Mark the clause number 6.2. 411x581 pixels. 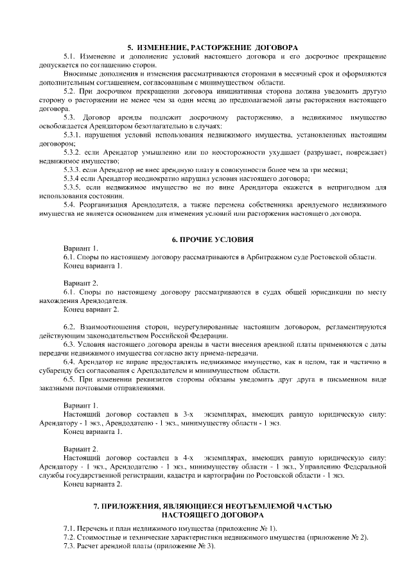coord(70,327)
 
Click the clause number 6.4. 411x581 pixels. coord(70,361)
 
